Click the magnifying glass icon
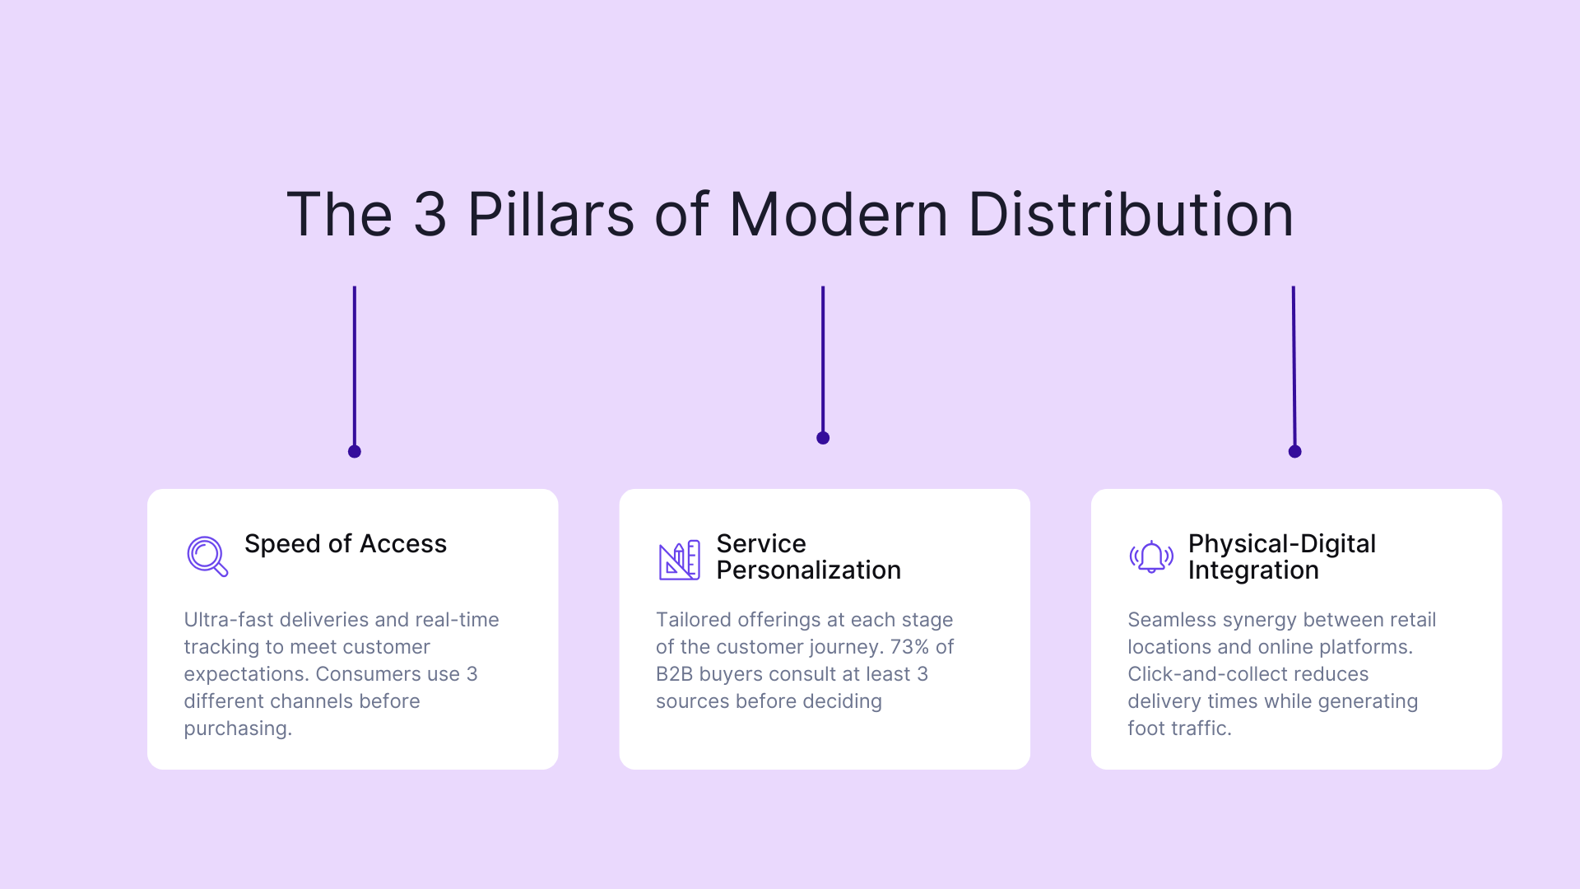pos(207,556)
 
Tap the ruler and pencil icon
pos(679,560)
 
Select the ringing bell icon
pos(1150,557)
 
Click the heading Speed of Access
pos(345,544)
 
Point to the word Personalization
pos(808,570)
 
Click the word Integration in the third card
pos(1252,570)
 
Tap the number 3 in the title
pos(430,215)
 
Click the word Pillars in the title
pos(551,215)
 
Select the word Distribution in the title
pos(1130,215)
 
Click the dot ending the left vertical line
pos(355,451)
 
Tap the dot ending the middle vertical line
pos(823,438)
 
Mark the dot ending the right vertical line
pos(1294,451)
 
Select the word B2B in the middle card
pos(674,674)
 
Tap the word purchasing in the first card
pos(237,728)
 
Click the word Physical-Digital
pos(1281,544)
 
